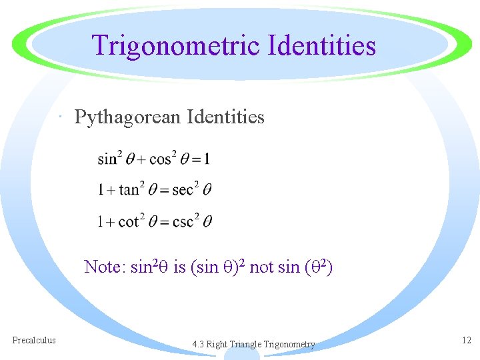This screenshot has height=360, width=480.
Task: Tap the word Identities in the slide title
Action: tap(321, 46)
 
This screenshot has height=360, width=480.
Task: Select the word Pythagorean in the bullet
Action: tap(127, 118)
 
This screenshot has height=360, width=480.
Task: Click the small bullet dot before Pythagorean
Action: tap(61, 119)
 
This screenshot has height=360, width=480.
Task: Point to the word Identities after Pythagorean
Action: tap(226, 117)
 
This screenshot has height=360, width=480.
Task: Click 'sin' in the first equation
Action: tap(107, 159)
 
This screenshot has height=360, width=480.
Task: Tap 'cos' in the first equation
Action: tap(161, 159)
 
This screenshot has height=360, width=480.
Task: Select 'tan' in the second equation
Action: tap(129, 191)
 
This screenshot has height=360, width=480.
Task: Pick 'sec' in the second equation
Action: tap(182, 191)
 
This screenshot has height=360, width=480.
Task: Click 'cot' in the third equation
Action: tap(128, 222)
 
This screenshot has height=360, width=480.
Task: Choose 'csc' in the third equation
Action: tap(182, 222)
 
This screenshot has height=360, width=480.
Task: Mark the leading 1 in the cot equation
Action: tap(101, 222)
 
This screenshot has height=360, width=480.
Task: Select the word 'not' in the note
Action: tap(261, 267)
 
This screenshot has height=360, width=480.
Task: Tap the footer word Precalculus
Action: tap(34, 340)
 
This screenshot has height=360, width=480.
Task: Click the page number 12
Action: tap(466, 340)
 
